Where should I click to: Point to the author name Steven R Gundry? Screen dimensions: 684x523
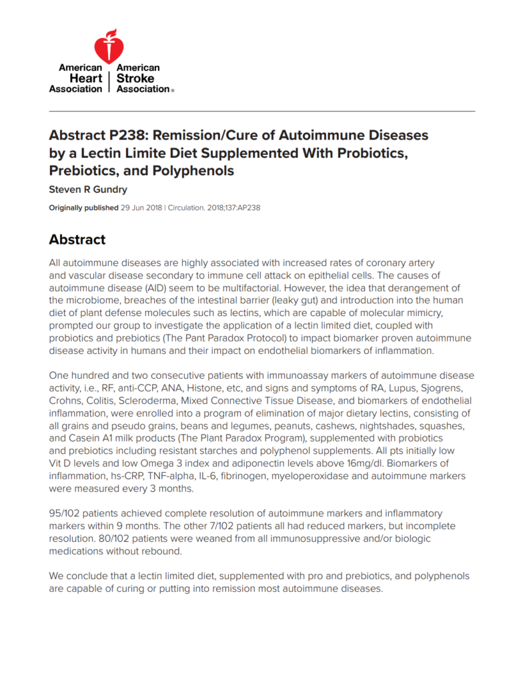click(x=88, y=190)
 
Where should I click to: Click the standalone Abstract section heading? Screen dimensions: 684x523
click(x=77, y=239)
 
